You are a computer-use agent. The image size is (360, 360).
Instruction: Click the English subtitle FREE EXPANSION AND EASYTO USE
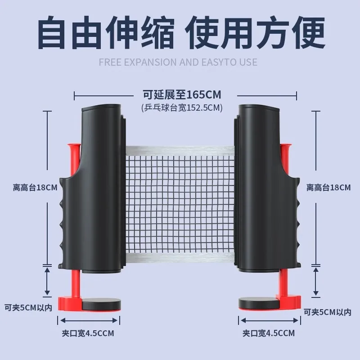pos(178,62)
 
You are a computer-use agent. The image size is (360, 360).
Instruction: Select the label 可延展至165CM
pos(182,95)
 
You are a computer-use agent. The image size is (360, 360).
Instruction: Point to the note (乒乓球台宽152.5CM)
pos(181,108)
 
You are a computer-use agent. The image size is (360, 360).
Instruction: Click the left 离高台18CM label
pos(35,188)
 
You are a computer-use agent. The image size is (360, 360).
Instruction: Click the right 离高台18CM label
pos(328,188)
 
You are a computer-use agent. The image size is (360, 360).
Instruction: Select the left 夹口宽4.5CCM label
pos(88,333)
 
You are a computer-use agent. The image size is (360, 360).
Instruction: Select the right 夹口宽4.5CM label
pos(269,333)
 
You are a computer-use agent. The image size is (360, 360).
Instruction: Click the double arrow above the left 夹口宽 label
pos(89,320)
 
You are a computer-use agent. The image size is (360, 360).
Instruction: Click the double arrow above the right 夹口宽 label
pos(269,320)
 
